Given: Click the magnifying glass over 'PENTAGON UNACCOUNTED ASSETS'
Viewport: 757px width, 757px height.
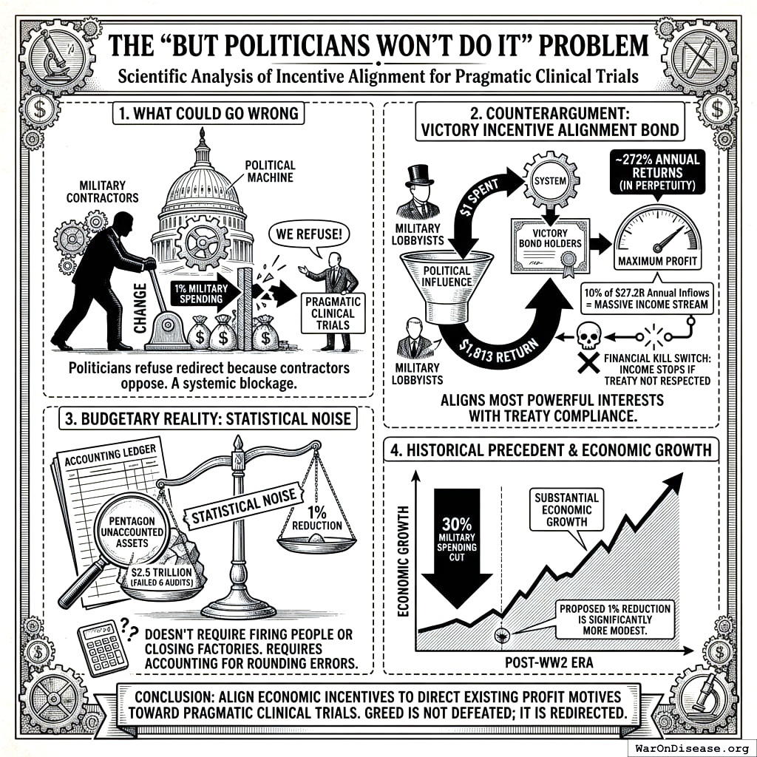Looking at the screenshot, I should [x=131, y=529].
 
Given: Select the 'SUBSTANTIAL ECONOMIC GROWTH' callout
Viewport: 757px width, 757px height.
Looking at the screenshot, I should [x=568, y=509].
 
